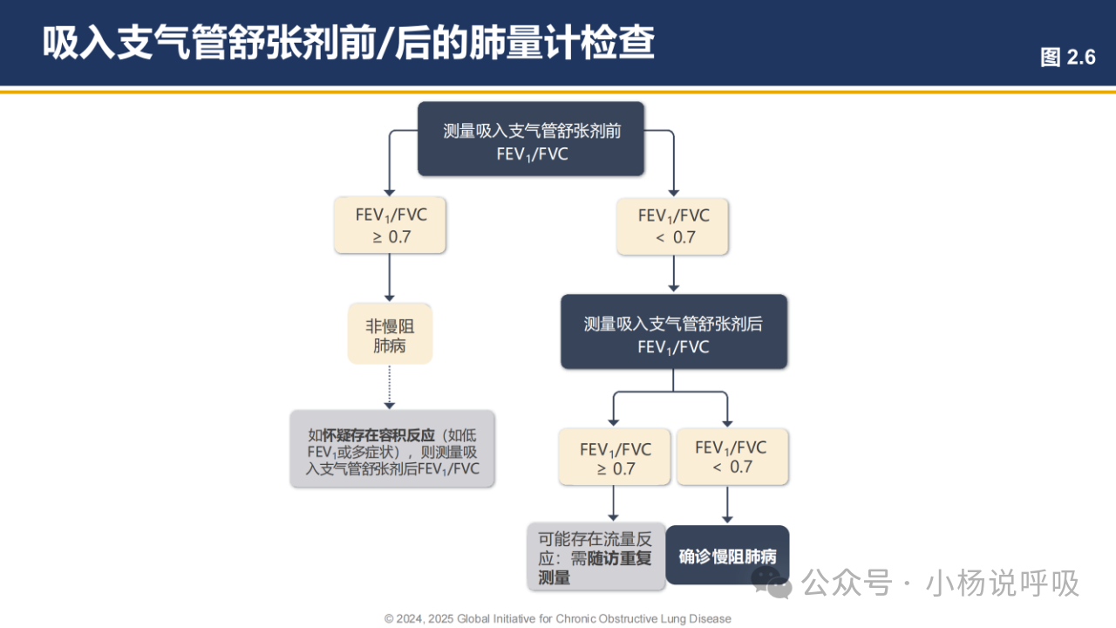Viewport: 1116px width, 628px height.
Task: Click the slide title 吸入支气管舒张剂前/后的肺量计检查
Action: pyautogui.click(x=349, y=42)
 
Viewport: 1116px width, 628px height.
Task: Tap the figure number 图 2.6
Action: pyautogui.click(x=1067, y=58)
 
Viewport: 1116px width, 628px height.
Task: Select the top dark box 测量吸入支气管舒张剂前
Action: pyautogui.click(x=531, y=139)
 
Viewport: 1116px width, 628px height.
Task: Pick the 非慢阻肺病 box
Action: pyautogui.click(x=390, y=334)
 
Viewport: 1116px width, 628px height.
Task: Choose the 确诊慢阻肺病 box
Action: pyautogui.click(x=727, y=556)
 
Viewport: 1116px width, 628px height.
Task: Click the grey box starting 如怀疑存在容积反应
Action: pyautogui.click(x=392, y=448)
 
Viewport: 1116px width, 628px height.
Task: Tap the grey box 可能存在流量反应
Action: pyautogui.click(x=595, y=556)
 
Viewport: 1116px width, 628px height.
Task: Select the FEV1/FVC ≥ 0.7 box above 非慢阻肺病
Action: pyautogui.click(x=391, y=225)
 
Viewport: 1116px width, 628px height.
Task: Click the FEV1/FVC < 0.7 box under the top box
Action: pyautogui.click(x=672, y=225)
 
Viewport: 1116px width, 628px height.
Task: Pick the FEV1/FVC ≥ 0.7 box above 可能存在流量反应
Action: pyautogui.click(x=615, y=457)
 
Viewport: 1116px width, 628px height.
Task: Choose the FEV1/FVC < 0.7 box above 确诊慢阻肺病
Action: pyautogui.click(x=732, y=457)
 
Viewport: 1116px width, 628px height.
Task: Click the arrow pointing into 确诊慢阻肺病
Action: pyautogui.click(x=728, y=505)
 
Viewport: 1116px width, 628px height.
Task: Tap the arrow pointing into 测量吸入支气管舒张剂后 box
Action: pyautogui.click(x=672, y=275)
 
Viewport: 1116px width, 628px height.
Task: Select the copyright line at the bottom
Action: pyautogui.click(x=558, y=618)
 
